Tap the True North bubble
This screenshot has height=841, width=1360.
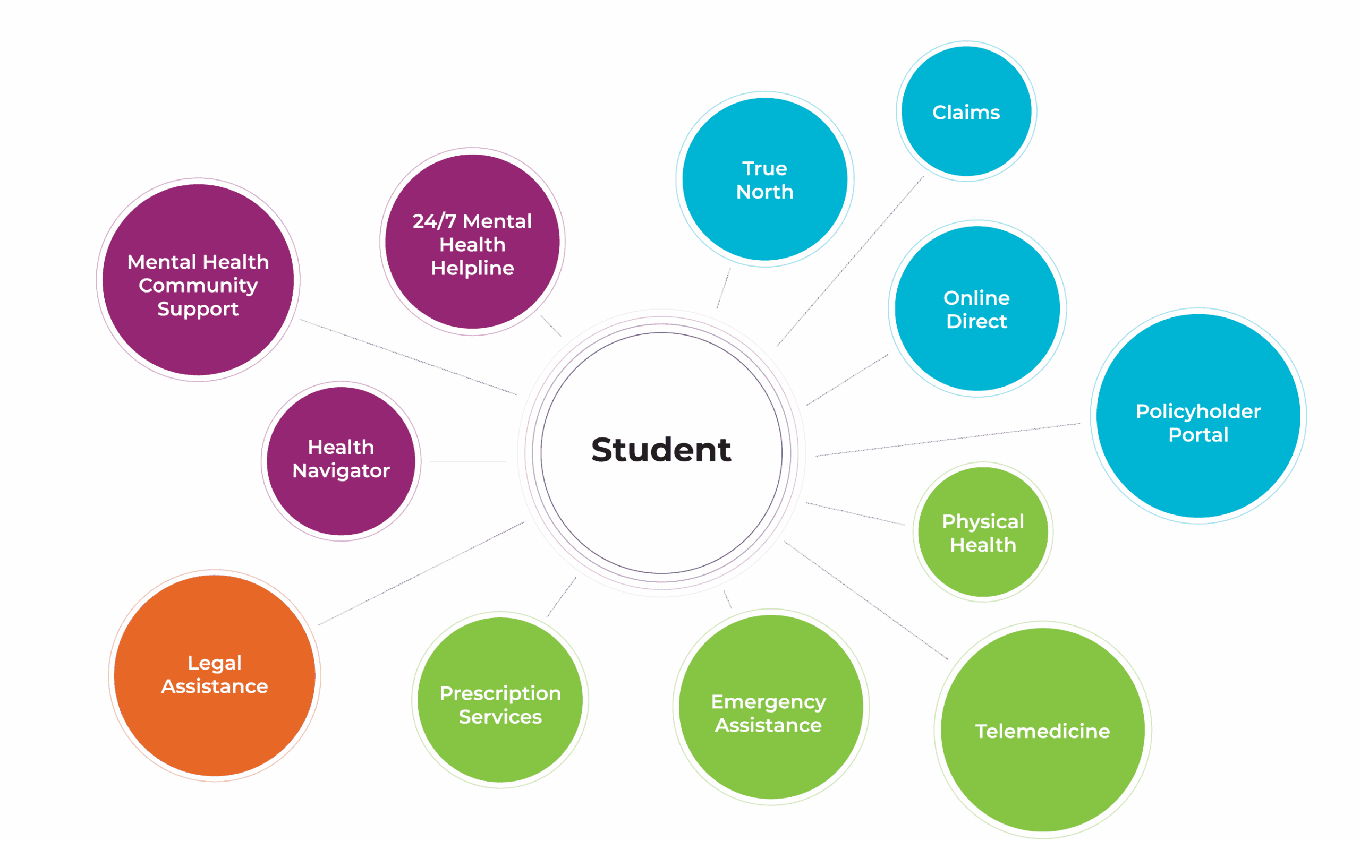point(764,179)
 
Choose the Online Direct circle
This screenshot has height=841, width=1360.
point(976,309)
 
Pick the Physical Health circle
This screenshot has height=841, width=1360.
point(983,533)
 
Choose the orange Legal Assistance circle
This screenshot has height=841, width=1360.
point(214,675)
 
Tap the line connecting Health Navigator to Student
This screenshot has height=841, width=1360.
point(467,461)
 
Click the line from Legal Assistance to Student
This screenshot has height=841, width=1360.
point(421,573)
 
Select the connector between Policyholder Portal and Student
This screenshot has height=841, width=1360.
point(946,440)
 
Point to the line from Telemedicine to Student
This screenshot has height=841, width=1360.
point(865,600)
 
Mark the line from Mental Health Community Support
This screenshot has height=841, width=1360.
point(408,357)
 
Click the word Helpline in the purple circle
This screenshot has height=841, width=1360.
point(472,268)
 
